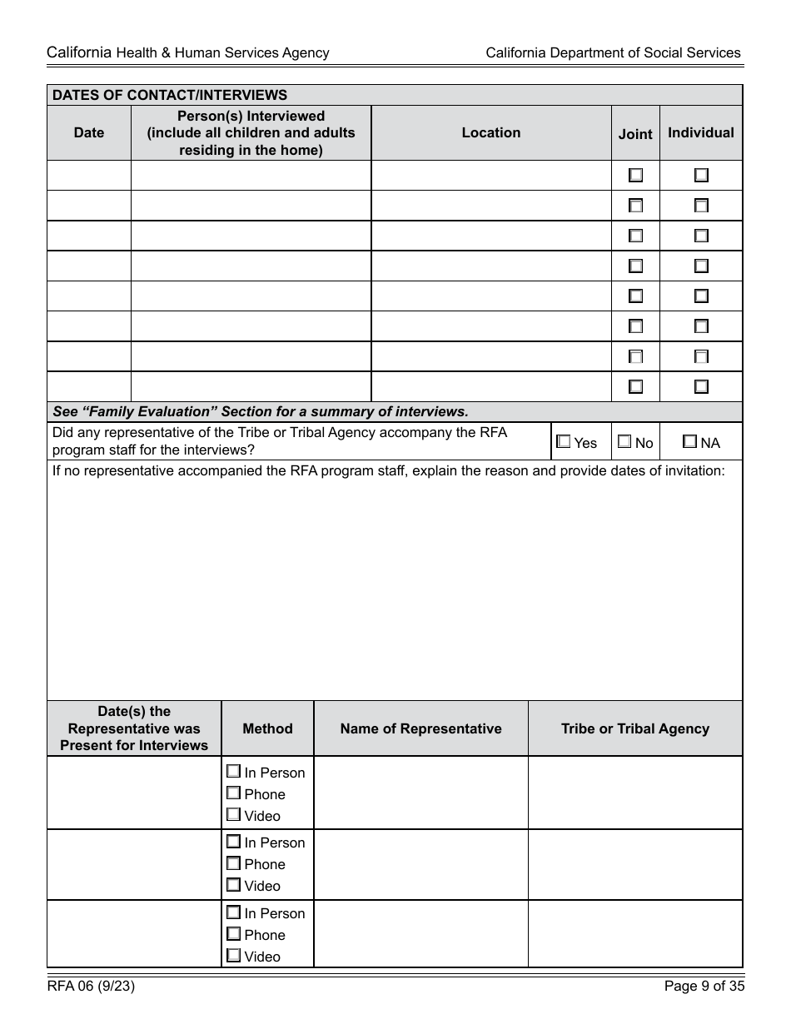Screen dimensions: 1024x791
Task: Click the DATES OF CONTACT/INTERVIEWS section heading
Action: (170, 95)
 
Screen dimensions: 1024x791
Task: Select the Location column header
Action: (491, 132)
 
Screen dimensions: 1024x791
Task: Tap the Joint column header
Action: (635, 133)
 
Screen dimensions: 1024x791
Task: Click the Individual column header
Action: (701, 132)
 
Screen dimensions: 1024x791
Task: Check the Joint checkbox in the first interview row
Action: (636, 176)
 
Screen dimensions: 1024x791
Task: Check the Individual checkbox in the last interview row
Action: (702, 386)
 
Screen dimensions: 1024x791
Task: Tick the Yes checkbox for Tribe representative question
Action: (564, 442)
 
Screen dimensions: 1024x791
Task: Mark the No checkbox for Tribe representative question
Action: (624, 442)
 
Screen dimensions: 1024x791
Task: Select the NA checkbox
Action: (690, 442)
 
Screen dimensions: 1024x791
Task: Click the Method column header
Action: (267, 728)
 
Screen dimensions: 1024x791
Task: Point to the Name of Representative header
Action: (420, 728)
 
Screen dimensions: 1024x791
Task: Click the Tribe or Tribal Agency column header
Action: (635, 728)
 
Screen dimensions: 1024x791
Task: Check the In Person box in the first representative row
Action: (234, 772)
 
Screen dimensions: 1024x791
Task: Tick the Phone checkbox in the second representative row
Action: (234, 863)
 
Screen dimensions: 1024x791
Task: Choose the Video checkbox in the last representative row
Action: (234, 956)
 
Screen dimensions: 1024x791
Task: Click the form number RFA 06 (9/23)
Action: (92, 987)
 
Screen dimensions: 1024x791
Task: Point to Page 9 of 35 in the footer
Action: (704, 987)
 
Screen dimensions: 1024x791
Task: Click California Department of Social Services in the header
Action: (613, 52)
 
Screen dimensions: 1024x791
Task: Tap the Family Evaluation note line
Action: (261, 411)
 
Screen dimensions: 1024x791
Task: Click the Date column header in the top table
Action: (89, 132)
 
